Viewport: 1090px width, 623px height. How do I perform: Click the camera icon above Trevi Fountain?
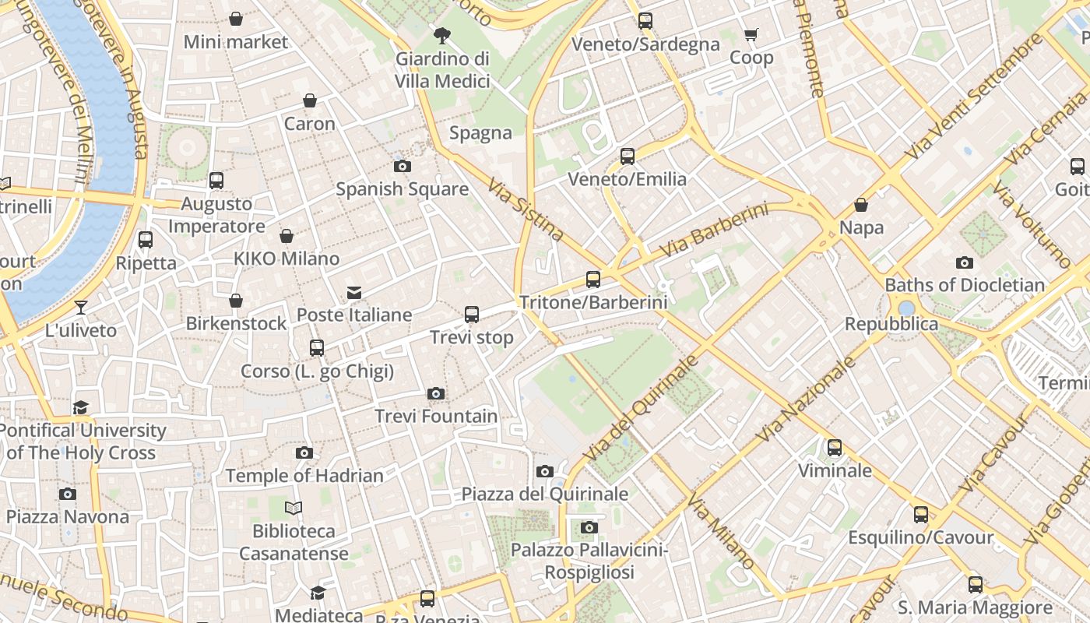point(436,393)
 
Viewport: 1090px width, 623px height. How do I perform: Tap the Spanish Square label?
point(402,189)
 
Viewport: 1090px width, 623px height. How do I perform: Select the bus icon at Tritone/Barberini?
point(593,279)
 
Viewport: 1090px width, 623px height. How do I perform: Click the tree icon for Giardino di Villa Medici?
point(442,35)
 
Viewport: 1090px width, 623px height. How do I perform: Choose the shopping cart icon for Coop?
point(751,34)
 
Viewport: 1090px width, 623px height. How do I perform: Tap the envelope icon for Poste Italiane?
point(354,292)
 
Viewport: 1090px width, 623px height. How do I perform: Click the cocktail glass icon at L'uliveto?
point(81,307)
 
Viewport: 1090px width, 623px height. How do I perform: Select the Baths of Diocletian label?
point(965,285)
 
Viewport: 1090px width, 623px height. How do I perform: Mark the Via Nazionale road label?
point(806,399)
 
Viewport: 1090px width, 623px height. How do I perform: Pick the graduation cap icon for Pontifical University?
point(81,407)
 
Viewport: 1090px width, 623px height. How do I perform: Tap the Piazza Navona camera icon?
point(68,494)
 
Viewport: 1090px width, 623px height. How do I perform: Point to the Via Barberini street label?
point(714,231)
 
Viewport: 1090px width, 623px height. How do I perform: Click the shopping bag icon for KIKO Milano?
point(287,236)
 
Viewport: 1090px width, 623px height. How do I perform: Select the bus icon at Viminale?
point(835,447)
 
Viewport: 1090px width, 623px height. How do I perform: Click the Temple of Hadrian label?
point(304,476)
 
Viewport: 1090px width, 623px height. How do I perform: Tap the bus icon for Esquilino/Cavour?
point(921,514)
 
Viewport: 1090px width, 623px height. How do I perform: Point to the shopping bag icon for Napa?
point(861,205)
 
